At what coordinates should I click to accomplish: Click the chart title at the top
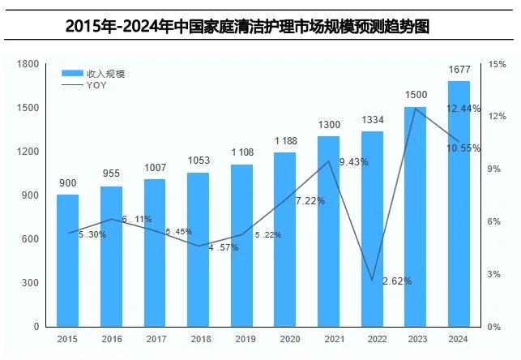(259, 26)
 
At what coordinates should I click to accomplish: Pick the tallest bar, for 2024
(459, 203)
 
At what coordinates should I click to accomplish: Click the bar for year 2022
(372, 229)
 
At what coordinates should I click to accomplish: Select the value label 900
(68, 183)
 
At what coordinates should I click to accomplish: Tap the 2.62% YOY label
(397, 281)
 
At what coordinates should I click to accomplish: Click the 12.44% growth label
(463, 109)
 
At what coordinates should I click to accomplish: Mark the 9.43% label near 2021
(353, 162)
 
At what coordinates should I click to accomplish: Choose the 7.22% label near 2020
(310, 200)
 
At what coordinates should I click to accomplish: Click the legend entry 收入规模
(105, 74)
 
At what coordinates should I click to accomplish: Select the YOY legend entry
(96, 85)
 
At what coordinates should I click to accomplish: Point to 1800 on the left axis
(28, 64)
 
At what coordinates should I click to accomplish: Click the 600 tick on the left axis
(31, 239)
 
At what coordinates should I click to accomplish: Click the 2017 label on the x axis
(155, 340)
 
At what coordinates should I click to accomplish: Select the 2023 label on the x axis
(416, 340)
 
